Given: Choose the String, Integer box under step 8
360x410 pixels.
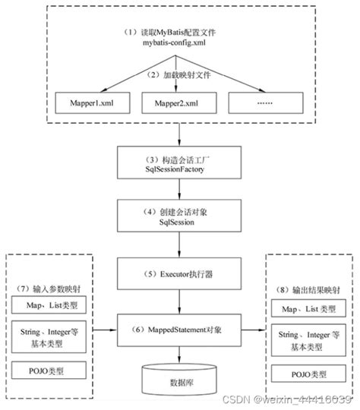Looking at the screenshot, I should [308, 339].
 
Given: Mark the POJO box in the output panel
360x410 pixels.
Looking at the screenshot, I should [308, 373].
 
